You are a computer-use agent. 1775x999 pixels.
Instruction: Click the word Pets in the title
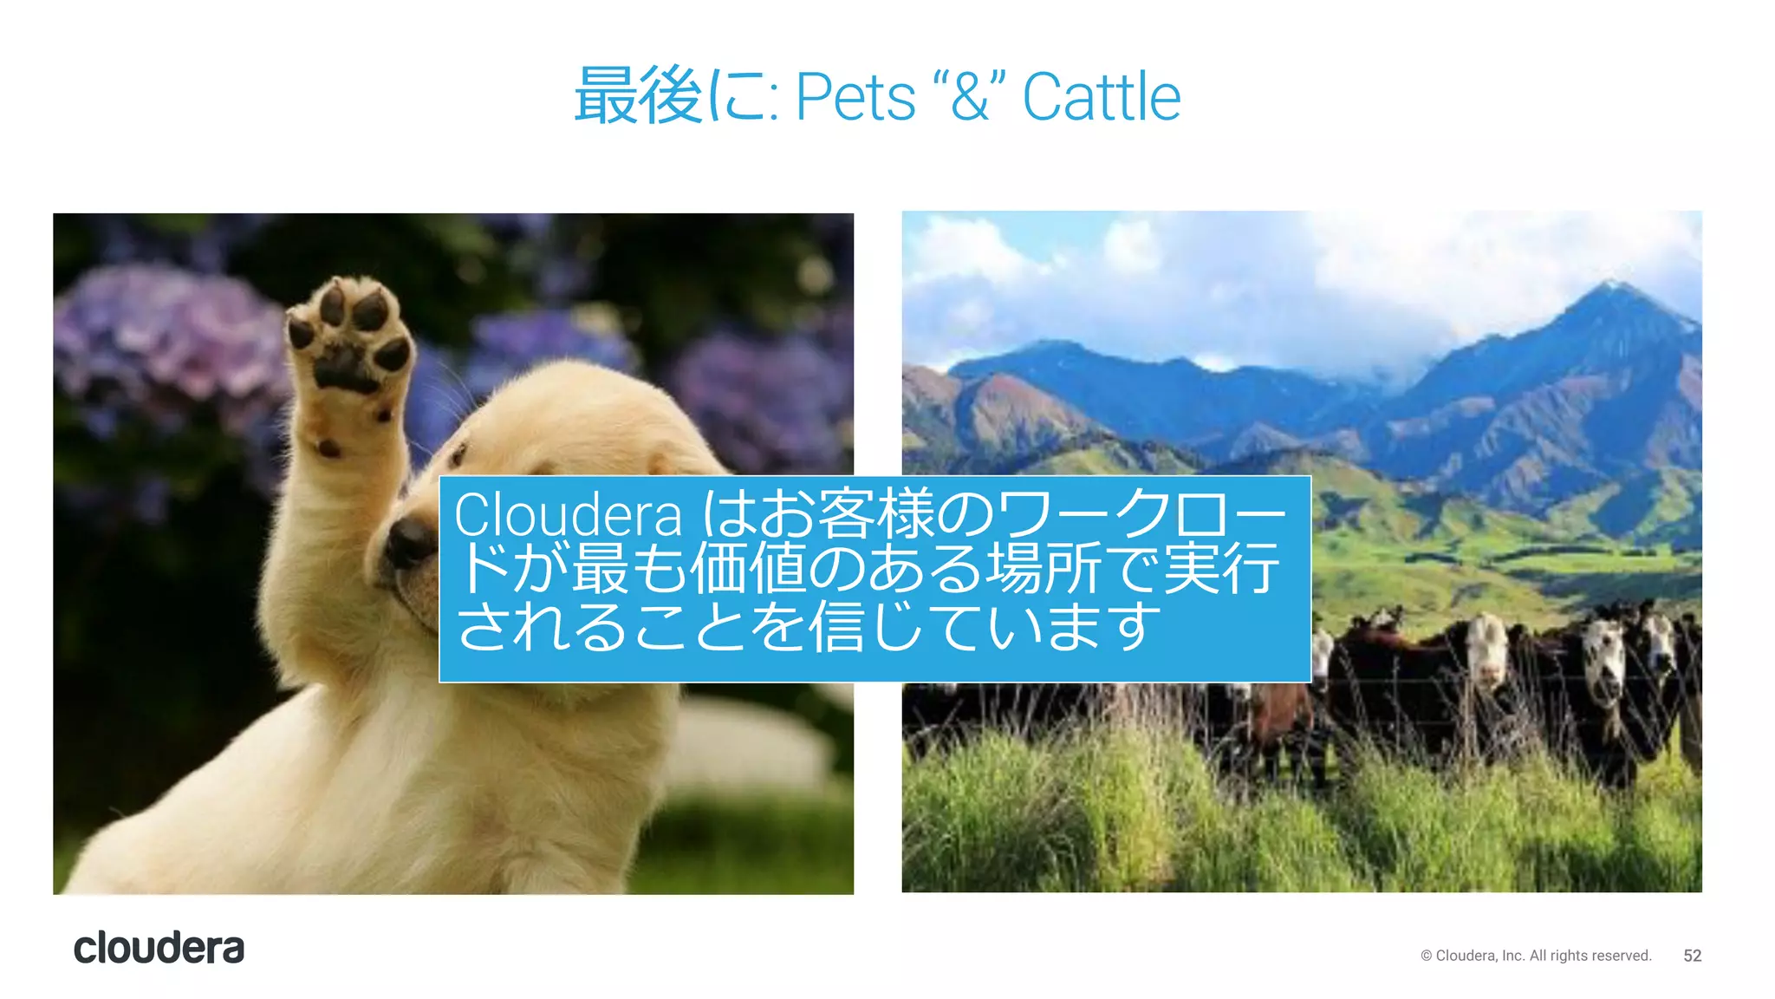pos(855,97)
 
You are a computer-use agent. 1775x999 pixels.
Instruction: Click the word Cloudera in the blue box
pos(568,515)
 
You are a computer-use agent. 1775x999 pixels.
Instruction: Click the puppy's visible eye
pos(457,454)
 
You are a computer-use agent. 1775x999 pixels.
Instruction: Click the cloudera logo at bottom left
pos(159,948)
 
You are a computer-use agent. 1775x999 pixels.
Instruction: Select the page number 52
pos(1692,956)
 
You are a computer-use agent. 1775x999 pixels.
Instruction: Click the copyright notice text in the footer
pos(1536,956)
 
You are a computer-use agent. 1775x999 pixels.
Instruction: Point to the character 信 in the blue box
pos(836,626)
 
